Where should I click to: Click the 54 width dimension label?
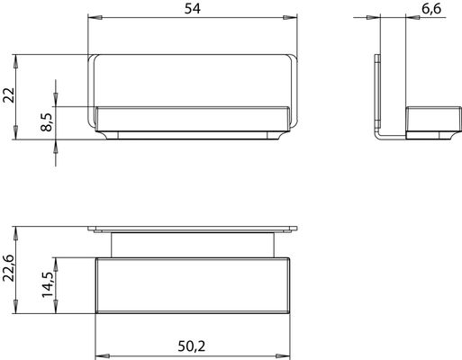pos(192,9)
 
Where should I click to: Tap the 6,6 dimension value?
pos(431,9)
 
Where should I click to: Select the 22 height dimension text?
pos(9,95)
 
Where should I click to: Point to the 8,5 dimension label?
pos(47,122)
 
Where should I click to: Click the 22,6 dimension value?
pos(9,268)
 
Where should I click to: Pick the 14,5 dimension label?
pos(48,284)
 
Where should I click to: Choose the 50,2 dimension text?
pos(192,346)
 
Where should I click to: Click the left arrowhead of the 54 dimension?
pos(95,17)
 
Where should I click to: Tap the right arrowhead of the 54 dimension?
pos(290,17)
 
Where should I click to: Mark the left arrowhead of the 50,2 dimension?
pos(103,356)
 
